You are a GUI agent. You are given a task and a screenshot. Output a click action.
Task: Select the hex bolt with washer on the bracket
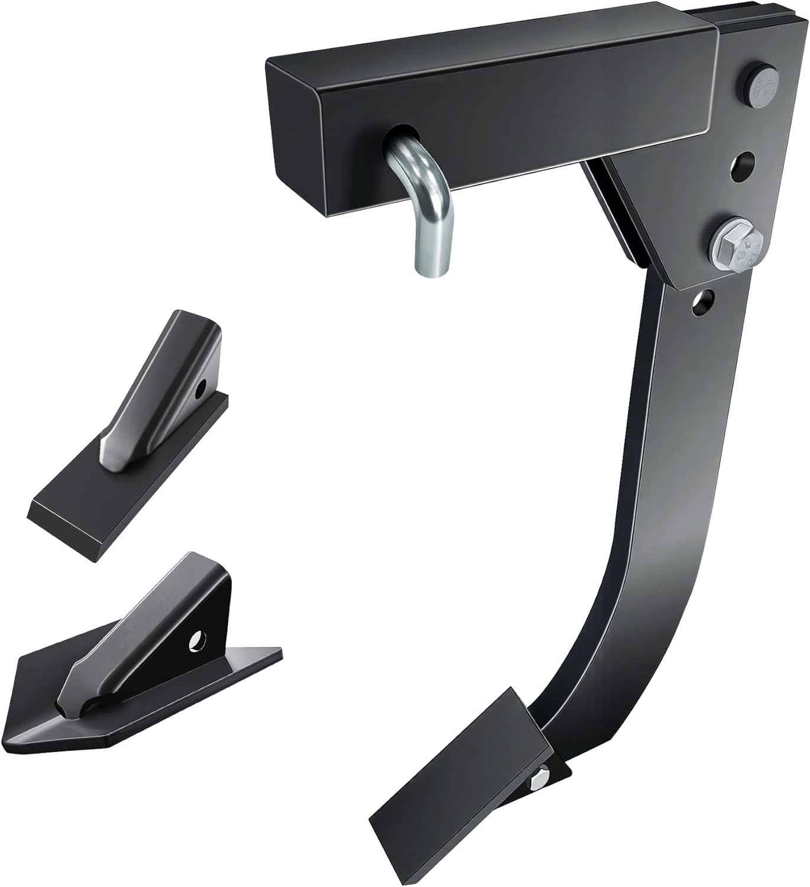[737, 243]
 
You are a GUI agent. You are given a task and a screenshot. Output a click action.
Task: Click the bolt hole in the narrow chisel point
[202, 387]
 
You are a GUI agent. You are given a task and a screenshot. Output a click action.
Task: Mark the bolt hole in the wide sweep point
[197, 640]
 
